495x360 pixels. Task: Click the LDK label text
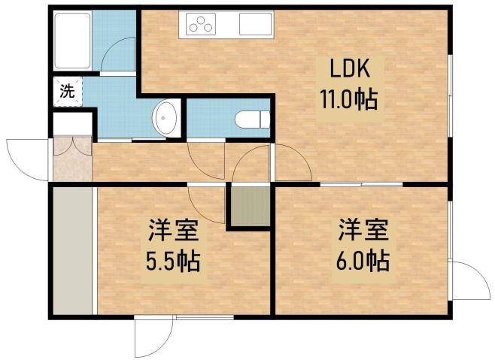click(x=348, y=71)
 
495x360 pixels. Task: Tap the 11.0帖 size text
click(x=348, y=98)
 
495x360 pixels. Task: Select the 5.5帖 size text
click(x=172, y=262)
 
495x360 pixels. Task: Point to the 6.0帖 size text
click(x=363, y=262)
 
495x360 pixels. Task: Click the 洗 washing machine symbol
click(x=67, y=92)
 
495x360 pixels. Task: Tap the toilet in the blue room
click(x=251, y=119)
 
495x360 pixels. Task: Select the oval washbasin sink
click(x=165, y=119)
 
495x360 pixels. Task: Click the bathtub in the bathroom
click(x=72, y=42)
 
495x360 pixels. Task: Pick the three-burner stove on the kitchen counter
click(x=202, y=26)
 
